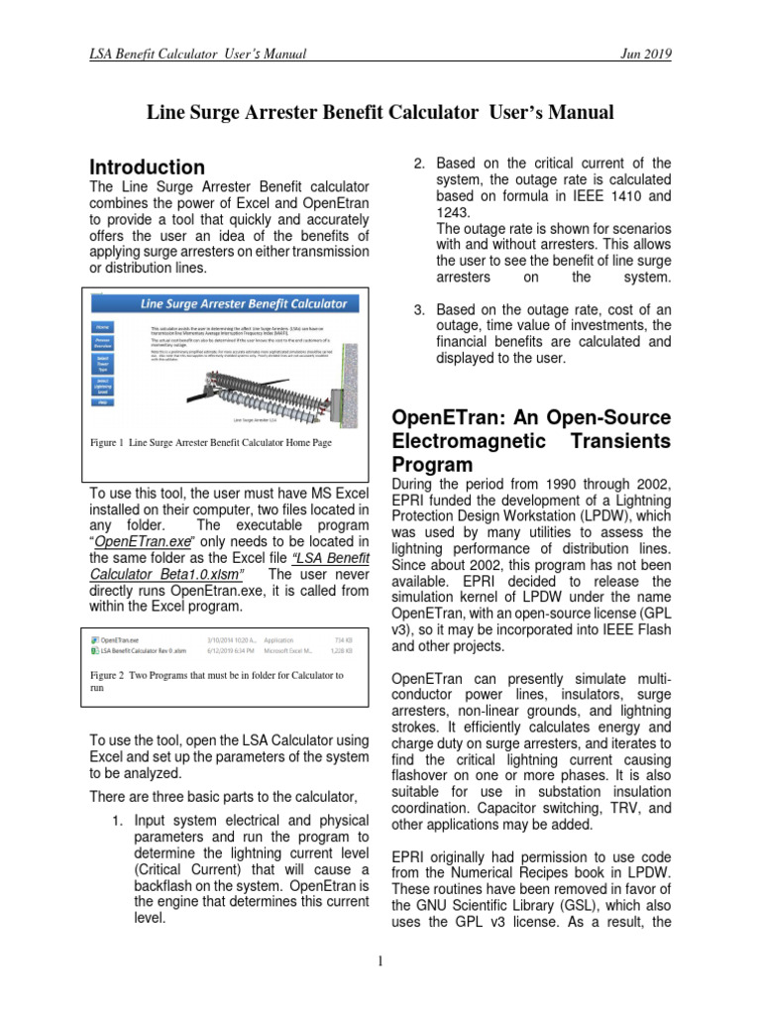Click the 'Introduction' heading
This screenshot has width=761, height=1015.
pos(148,167)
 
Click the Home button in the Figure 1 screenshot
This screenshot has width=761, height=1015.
pos(102,325)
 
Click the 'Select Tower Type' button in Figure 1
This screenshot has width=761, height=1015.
pos(102,361)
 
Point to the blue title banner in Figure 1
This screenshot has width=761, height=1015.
pos(244,303)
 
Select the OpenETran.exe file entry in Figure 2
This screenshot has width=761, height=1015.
pos(120,639)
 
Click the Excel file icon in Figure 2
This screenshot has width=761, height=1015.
pos(95,651)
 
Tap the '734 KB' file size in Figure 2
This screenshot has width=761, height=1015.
pos(343,639)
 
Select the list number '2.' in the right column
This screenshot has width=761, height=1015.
pos(419,164)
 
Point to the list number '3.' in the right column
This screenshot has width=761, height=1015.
pos(419,310)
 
